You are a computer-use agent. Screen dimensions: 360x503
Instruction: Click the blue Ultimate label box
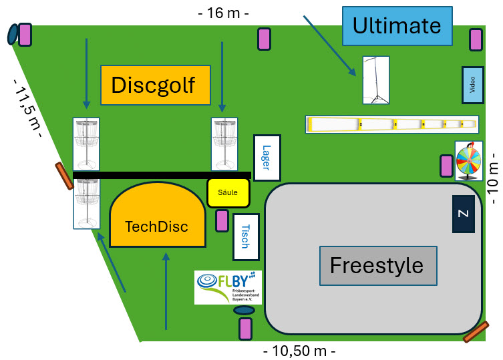coord(397,26)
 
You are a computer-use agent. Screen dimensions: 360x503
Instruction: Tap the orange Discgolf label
coord(155,85)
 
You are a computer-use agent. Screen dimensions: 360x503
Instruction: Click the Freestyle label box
coord(377,265)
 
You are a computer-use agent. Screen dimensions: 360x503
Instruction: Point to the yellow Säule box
coord(228,192)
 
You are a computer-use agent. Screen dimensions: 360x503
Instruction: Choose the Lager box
coord(267,158)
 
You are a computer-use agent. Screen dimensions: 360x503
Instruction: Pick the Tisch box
coord(245,236)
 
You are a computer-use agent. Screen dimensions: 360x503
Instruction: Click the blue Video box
coord(472,85)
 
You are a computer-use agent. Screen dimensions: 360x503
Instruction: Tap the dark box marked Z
coord(464,214)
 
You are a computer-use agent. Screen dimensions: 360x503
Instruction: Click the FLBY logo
coord(228,287)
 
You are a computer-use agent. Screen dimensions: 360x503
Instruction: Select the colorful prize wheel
coord(468,161)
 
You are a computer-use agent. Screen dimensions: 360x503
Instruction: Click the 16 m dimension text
coord(224,13)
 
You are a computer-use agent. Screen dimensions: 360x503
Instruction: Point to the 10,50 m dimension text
coord(299,351)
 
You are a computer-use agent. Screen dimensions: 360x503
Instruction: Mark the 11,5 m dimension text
coord(29,108)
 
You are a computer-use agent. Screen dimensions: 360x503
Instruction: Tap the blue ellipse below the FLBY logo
coord(244,311)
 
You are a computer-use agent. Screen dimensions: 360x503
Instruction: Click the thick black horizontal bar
coord(161,175)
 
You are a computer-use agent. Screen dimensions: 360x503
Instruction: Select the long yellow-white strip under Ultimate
coord(392,124)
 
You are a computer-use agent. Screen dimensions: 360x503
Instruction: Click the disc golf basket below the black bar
coord(86,204)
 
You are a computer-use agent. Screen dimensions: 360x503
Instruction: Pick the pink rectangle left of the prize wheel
coord(446,165)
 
